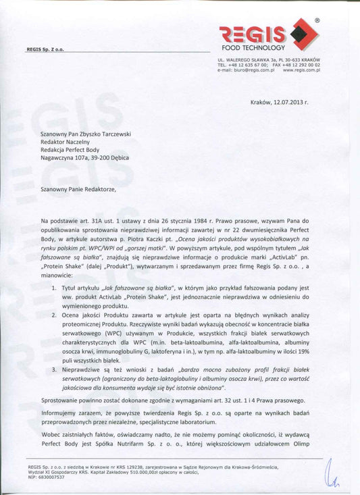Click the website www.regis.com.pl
[301, 70]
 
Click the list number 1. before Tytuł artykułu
[54, 288]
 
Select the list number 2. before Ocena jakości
[54, 315]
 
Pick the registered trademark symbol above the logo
[317, 21]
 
